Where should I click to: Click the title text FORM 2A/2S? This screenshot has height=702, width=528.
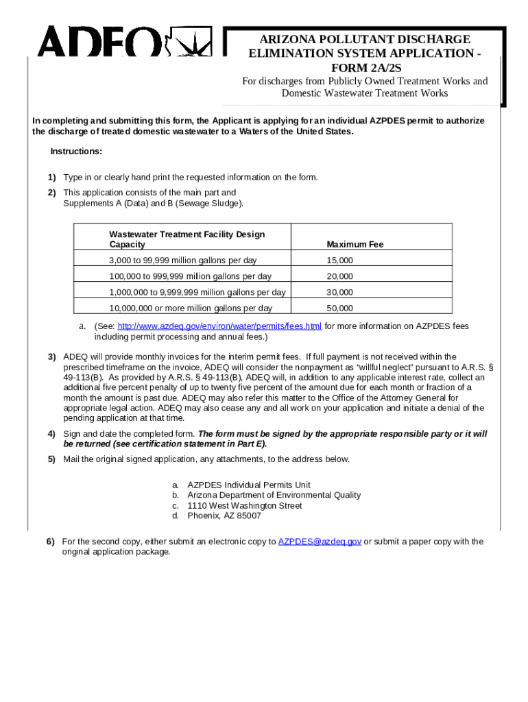pos(364,67)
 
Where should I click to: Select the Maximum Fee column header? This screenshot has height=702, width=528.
pos(355,244)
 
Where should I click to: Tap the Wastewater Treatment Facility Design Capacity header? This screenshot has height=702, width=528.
pos(187,239)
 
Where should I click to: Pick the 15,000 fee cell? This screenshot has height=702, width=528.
pos(340,261)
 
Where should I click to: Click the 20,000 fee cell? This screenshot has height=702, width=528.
pos(340,276)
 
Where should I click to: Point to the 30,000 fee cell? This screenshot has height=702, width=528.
pos(340,292)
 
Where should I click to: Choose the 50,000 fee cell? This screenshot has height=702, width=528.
pos(340,308)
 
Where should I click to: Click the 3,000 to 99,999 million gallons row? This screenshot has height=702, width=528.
pos(187,261)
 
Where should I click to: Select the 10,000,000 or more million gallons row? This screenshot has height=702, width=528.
pos(191,308)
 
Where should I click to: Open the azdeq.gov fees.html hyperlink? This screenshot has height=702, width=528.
pos(220,326)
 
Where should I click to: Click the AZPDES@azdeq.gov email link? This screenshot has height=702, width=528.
pos(320,542)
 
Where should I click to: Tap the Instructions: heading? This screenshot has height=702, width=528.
pos(76,152)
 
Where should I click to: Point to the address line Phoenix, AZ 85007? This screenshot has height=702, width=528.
pos(224,516)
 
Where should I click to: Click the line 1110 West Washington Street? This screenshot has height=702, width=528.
pos(245,505)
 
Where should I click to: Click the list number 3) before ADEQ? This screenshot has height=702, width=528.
pos(51,356)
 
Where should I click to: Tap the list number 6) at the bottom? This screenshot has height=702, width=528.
pos(51,542)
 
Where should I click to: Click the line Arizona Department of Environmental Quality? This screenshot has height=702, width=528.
pos(274,495)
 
